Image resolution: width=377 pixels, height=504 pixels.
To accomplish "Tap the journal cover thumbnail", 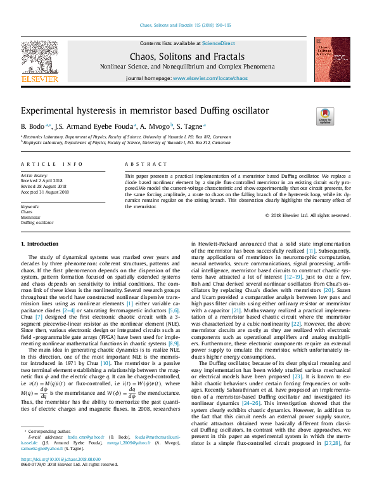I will pos(332,59).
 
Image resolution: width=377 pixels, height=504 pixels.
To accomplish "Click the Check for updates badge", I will pos(342,116).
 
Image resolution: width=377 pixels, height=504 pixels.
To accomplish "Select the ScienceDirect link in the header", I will pos(219,43).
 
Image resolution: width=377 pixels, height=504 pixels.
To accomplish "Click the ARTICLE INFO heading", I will pos(51,164).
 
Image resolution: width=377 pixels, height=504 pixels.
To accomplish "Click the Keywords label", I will pos(30,207).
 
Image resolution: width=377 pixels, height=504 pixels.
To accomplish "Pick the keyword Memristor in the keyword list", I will pos(31,218).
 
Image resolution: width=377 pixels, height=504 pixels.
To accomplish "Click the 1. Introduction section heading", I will pos(40,244).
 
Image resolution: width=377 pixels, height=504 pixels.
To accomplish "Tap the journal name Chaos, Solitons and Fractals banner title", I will pos(188,56).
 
